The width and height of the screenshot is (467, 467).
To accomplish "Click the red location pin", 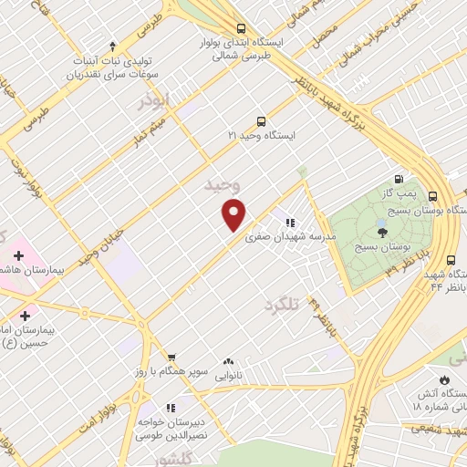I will click(x=234, y=214).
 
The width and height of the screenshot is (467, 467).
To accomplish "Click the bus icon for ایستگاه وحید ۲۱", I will click(x=262, y=120).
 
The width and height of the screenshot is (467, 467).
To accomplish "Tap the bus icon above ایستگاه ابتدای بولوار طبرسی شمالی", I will click(x=240, y=28).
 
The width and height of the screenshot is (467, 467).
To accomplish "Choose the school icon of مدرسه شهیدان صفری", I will click(x=290, y=222).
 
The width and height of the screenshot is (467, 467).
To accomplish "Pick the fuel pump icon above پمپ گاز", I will click(x=398, y=179).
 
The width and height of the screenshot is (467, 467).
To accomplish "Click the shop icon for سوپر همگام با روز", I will click(x=171, y=358).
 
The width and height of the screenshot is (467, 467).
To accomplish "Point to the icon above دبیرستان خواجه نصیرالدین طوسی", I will click(x=170, y=407).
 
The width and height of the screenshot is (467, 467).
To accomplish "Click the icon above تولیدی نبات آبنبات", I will click(x=112, y=46).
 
